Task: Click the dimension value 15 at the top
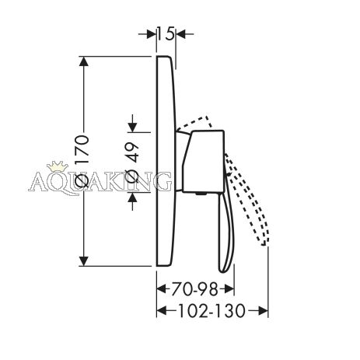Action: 166,33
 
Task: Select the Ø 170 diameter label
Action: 82,161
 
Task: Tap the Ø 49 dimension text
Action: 132,163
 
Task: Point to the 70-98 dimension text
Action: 194,289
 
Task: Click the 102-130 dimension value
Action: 211,310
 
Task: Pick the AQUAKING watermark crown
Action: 57,166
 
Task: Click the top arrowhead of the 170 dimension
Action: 83,61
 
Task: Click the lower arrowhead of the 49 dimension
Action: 132,197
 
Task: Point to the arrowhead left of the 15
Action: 152,33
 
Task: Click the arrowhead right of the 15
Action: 180,33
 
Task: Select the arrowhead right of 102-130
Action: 263,310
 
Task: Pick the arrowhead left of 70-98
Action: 162,288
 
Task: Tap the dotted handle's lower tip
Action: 264,243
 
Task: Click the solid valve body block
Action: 203,162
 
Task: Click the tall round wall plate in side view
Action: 166,161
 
